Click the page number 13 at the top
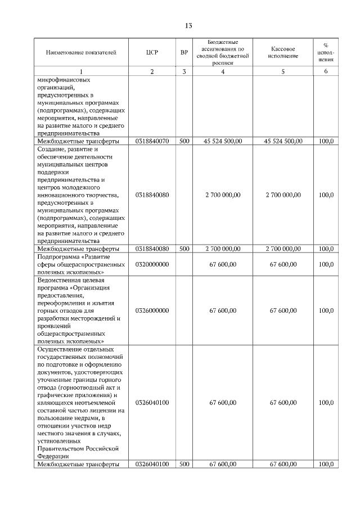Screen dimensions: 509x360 coord(188,26)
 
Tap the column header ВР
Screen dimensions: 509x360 coord(184,53)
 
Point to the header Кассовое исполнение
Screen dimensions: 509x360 coord(283,53)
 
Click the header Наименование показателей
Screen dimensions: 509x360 coord(81,53)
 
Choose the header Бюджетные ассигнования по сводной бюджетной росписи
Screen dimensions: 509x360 coord(223,53)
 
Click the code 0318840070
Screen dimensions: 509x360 coord(152,141)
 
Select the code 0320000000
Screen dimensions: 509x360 coord(152,264)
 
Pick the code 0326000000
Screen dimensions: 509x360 coord(152,310)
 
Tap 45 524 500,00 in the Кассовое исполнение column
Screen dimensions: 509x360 coord(283,141)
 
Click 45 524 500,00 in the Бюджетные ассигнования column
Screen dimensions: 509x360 coord(223,141)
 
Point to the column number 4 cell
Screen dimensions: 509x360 coord(223,71)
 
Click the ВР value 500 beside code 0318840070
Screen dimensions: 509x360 coord(184,141)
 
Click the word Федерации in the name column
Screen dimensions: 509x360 coord(53,457)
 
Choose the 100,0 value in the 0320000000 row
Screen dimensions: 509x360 coord(326,264)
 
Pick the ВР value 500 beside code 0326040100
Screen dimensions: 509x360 coord(184,464)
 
